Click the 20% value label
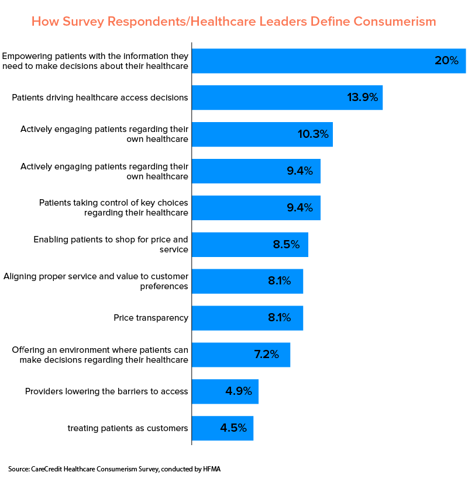pyautogui.click(x=446, y=61)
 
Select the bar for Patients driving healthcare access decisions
pyautogui.click(x=287, y=98)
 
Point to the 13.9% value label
pyautogui.click(x=362, y=98)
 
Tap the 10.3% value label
pyautogui.click(x=313, y=134)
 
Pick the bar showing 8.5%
pyautogui.click(x=249, y=245)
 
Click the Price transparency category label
pyautogui.click(x=151, y=318)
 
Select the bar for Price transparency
pyautogui.click(x=247, y=318)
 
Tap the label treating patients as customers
pyautogui.click(x=128, y=428)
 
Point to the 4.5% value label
pyautogui.click(x=233, y=428)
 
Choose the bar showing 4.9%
pyautogui.click(x=225, y=391)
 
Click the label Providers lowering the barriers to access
pyautogui.click(x=106, y=391)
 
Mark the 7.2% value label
pyautogui.click(x=266, y=355)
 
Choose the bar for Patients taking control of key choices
pyautogui.click(x=256, y=208)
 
